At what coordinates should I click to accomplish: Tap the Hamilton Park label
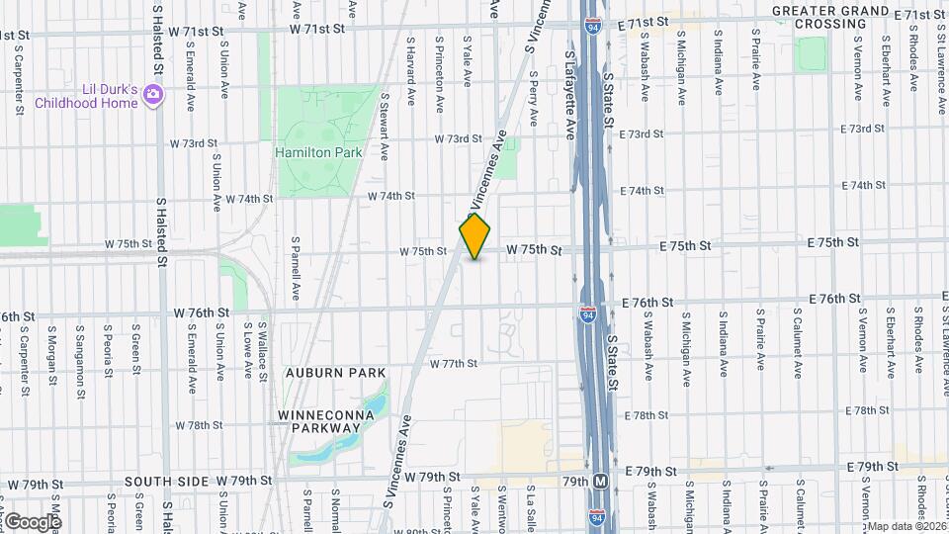point(319,153)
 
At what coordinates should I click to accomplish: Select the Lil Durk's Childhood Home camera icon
point(152,95)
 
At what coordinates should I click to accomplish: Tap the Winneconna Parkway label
point(319,420)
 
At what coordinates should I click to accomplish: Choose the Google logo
point(33,521)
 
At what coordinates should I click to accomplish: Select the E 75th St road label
point(831,242)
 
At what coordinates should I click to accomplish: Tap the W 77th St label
point(454,364)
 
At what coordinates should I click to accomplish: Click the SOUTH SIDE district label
point(166,482)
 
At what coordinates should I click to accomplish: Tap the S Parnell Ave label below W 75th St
point(295,268)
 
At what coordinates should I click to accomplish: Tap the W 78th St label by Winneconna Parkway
point(199,425)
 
